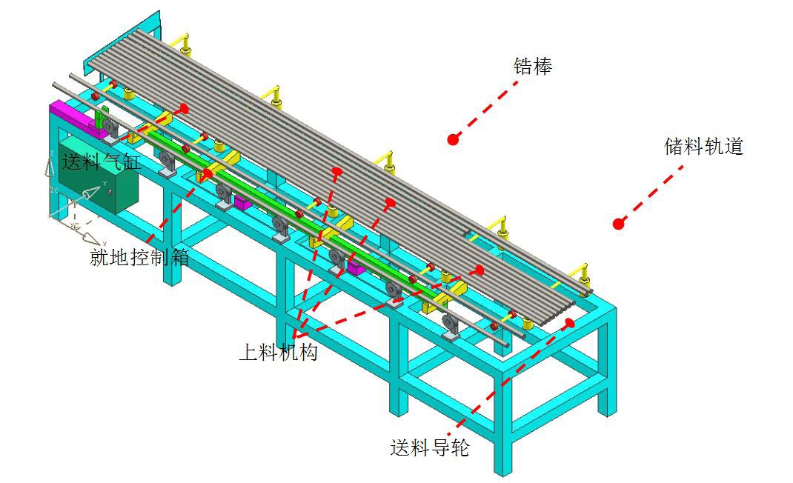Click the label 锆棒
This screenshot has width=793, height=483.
(533, 67)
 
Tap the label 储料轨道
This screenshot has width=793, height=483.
(703, 146)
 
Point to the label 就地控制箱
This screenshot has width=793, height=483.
(139, 257)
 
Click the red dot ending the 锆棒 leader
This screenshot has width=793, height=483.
(453, 139)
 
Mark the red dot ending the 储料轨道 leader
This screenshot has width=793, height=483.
(618, 222)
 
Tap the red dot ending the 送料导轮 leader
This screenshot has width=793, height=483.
(569, 323)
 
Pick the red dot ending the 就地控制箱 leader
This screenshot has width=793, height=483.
(208, 173)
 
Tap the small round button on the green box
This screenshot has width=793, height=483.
(110, 193)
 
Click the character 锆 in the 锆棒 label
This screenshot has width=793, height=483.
(523, 67)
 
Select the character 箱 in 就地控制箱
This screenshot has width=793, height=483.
(179, 257)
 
